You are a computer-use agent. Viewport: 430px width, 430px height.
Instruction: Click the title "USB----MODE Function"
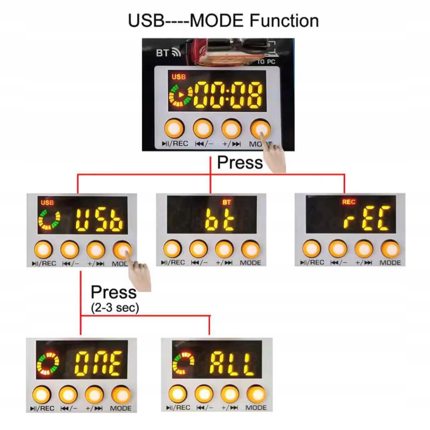(x=223, y=21)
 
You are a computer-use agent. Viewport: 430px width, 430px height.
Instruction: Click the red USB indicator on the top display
(x=179, y=77)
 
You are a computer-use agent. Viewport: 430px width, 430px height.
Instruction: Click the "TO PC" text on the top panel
(x=266, y=62)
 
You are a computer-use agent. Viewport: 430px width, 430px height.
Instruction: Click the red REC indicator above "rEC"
(x=348, y=202)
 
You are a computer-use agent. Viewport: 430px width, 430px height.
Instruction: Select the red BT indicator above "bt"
(x=226, y=202)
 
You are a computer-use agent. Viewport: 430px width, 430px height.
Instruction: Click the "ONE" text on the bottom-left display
(x=99, y=364)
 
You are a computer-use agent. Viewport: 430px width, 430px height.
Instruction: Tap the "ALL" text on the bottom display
(x=232, y=364)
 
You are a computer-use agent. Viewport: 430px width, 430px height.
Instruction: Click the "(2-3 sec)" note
(x=115, y=307)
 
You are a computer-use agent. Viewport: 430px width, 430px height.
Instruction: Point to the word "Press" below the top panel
(x=240, y=163)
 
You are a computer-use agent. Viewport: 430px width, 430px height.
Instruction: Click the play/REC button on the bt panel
(x=172, y=249)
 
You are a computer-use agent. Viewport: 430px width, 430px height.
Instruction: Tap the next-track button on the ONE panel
(x=94, y=395)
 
